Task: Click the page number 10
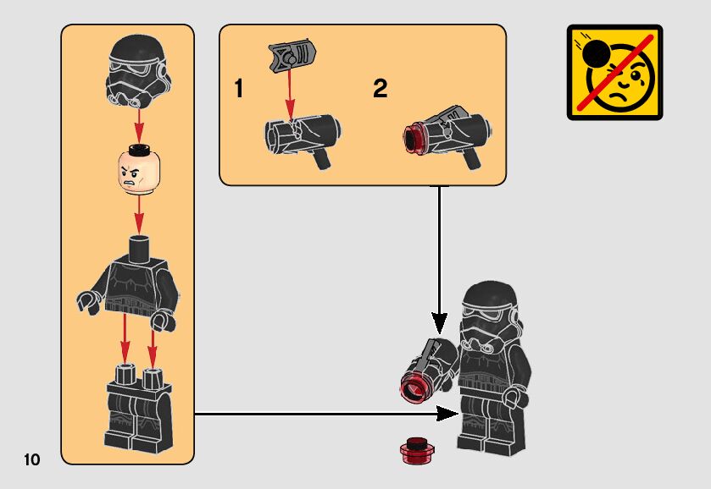point(32,460)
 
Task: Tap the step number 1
point(239,89)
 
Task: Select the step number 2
point(380,89)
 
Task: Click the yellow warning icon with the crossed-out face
point(614,72)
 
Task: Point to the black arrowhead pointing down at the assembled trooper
point(439,321)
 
